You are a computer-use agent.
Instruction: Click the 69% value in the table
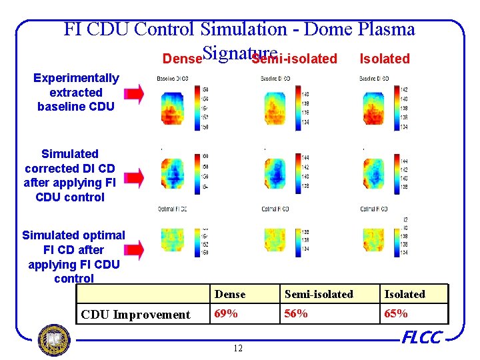click(226, 314)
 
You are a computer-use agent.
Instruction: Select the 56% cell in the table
click(296, 314)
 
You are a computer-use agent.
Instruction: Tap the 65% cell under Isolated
click(395, 314)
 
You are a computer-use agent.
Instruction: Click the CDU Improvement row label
click(135, 315)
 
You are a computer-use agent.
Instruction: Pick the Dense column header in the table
click(230, 294)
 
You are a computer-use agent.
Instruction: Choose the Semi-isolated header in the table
click(319, 294)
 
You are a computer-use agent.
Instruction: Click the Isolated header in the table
click(404, 294)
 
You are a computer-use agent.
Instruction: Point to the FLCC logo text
click(421, 338)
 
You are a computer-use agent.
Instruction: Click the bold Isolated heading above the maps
click(385, 59)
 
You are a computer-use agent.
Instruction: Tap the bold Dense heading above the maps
click(182, 59)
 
